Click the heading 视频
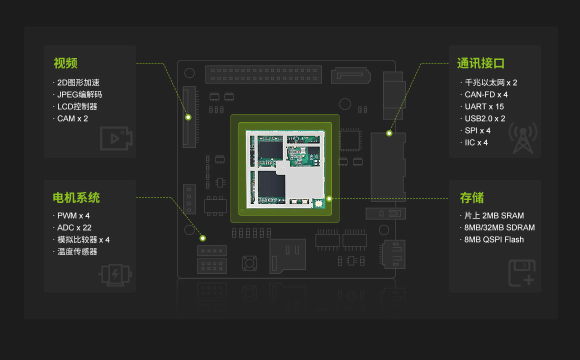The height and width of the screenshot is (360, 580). point(65,63)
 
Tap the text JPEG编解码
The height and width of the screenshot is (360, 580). point(79,94)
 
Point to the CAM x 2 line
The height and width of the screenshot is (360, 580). point(72,118)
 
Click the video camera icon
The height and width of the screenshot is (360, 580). point(115,138)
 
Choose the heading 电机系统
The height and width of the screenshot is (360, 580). point(76,198)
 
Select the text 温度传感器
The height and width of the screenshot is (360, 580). point(77,251)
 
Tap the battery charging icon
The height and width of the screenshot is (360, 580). point(115,274)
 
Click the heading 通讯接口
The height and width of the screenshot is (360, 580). point(480,63)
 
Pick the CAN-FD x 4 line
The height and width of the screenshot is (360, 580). point(486,94)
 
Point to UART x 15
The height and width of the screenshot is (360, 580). point(484,106)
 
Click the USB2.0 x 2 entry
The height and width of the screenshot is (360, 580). point(485,118)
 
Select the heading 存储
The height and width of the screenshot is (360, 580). point(471,198)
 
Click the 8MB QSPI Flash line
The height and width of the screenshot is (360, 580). point(494,239)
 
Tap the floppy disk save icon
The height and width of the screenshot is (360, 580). point(521,273)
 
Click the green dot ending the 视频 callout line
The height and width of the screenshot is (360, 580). point(188,117)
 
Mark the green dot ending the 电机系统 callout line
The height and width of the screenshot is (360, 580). point(203,238)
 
